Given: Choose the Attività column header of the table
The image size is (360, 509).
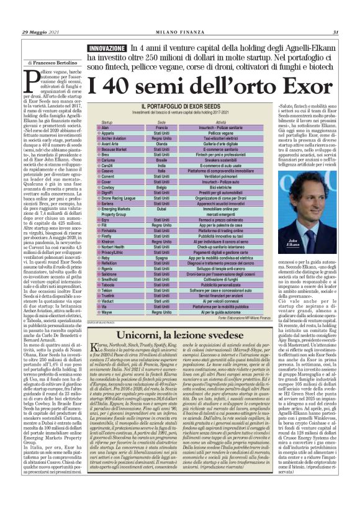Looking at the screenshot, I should (220, 122).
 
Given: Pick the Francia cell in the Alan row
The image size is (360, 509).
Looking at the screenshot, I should (161, 127).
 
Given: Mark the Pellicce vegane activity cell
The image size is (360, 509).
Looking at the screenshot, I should (220, 133).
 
